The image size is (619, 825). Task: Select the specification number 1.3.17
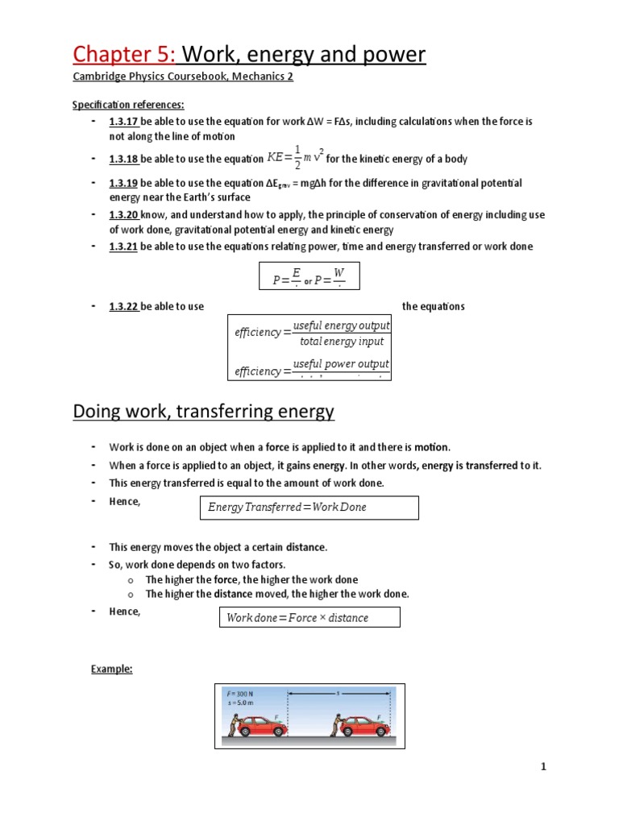pyautogui.click(x=123, y=121)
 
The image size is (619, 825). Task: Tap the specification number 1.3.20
pyautogui.click(x=124, y=214)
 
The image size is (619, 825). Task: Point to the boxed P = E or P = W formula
pyautogui.click(x=309, y=276)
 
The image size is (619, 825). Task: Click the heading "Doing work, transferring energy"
pyautogui.click(x=203, y=412)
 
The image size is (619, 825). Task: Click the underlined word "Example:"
pyautogui.click(x=111, y=669)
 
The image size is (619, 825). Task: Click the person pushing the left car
pyautogui.click(x=233, y=727)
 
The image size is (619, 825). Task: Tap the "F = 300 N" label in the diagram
pyautogui.click(x=240, y=693)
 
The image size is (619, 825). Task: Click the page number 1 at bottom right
pyautogui.click(x=544, y=767)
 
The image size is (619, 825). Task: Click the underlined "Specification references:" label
pyautogui.click(x=128, y=105)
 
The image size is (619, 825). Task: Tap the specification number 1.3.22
pyautogui.click(x=123, y=306)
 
